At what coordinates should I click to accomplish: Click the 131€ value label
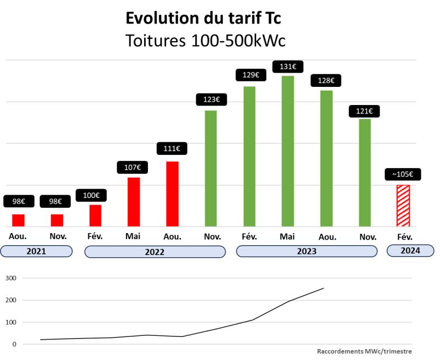(x=288, y=67)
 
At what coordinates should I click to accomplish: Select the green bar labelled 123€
(x=211, y=168)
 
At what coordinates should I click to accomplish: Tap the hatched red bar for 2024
(x=403, y=206)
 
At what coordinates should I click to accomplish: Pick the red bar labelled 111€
(x=172, y=193)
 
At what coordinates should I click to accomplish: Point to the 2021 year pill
(x=36, y=251)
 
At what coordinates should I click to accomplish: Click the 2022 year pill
(x=155, y=252)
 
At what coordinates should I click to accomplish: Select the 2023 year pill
(x=306, y=251)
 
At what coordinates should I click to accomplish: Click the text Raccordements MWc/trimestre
(x=364, y=351)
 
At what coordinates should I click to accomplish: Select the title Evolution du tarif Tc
(x=204, y=18)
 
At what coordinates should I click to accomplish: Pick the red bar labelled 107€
(x=134, y=202)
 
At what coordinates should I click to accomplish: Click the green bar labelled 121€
(x=365, y=173)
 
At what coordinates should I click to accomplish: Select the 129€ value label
(x=249, y=74)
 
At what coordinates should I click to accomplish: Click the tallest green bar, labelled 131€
(x=288, y=151)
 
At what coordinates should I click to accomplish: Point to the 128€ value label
(x=326, y=80)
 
